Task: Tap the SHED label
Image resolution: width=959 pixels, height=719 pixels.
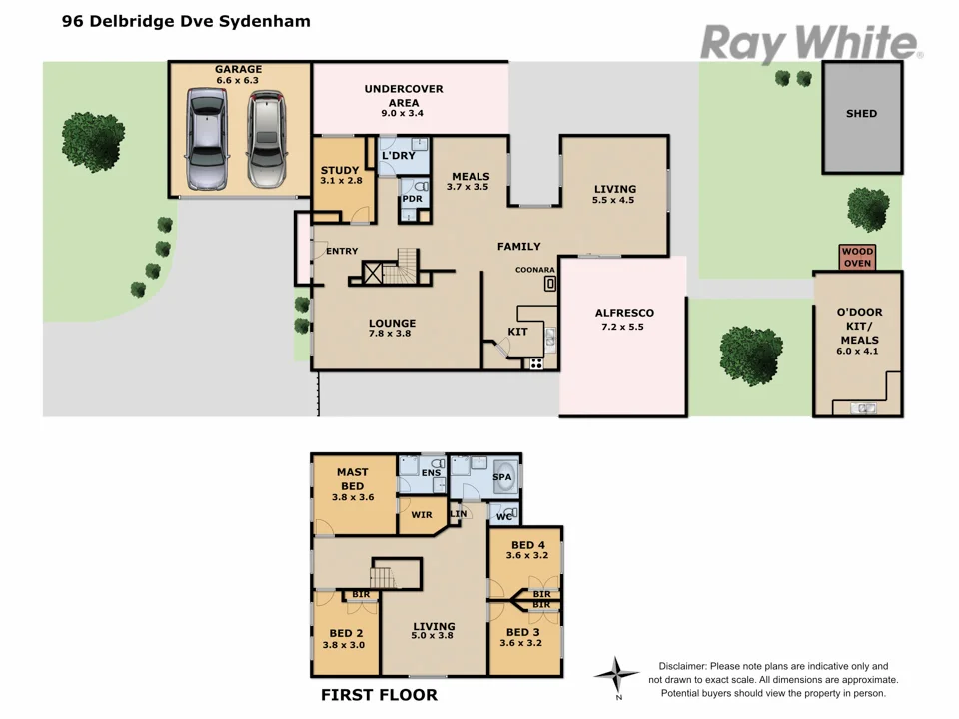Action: point(861,114)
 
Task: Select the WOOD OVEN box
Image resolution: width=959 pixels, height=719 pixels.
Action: point(857,258)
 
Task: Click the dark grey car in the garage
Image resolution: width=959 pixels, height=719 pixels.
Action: point(207,139)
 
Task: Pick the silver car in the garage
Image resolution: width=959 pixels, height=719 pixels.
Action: point(266,139)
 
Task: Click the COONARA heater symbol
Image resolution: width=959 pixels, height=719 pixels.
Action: point(549,284)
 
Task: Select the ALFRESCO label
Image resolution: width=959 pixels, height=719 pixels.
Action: point(624,313)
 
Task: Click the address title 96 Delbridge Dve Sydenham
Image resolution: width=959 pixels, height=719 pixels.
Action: point(186,21)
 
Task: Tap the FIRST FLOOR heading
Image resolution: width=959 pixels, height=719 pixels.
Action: point(379,695)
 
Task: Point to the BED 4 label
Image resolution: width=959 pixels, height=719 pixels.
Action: point(526,545)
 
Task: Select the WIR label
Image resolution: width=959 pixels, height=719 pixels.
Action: point(421,516)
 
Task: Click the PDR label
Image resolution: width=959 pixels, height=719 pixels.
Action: point(412,199)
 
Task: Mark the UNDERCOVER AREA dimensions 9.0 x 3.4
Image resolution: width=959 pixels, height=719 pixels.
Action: point(404,114)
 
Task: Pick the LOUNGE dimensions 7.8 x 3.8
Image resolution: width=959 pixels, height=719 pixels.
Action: point(391,334)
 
